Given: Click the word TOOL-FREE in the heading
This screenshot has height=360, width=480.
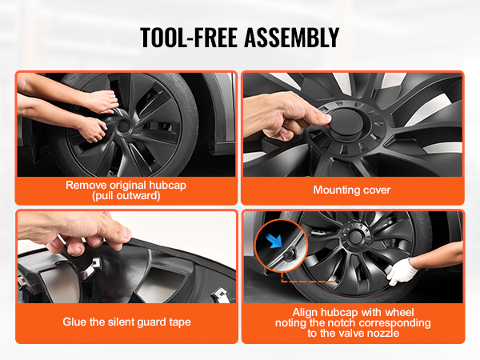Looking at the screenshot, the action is point(189,38).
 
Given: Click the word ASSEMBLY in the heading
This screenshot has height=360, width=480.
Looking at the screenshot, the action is point(292,38).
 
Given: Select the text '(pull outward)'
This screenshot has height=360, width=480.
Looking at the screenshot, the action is point(126,196).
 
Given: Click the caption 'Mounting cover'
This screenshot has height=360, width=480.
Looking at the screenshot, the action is point(352,190).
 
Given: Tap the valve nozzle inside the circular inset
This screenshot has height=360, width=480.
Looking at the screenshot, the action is point(288,254).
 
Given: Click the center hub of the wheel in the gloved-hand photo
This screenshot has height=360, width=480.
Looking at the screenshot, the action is point(355,236).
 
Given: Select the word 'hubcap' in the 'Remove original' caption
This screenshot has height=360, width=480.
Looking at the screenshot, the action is point(167,186).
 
